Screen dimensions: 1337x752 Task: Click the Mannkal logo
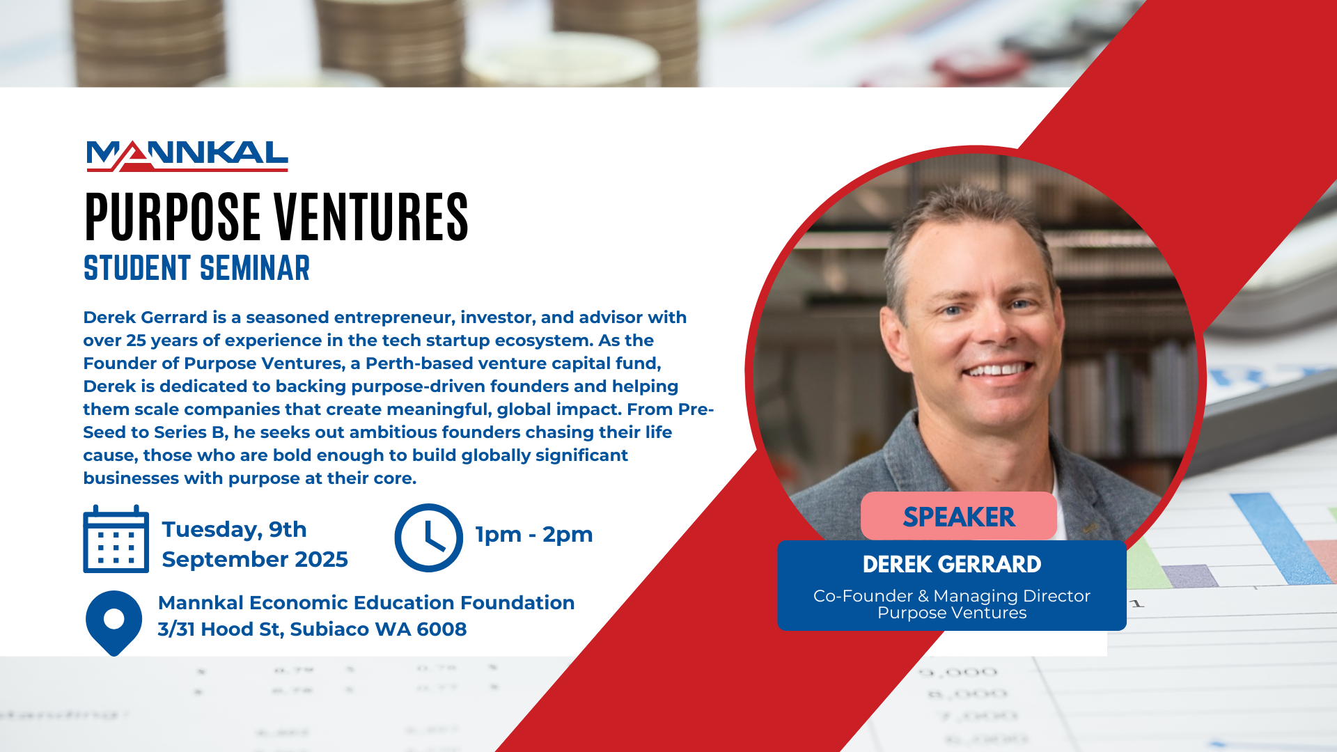click(187, 156)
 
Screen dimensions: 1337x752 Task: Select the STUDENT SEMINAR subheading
click(196, 268)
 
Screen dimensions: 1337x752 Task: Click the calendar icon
click(116, 539)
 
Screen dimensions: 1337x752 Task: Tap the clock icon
click(428, 538)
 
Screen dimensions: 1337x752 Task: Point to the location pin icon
click(114, 622)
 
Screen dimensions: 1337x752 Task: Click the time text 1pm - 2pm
click(534, 535)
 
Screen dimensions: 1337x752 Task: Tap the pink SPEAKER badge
click(959, 516)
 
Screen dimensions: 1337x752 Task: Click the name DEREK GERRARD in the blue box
click(952, 564)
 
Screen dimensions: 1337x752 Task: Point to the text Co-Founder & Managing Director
click(952, 596)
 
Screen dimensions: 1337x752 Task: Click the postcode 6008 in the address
click(441, 629)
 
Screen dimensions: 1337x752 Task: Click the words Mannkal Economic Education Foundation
click(366, 603)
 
